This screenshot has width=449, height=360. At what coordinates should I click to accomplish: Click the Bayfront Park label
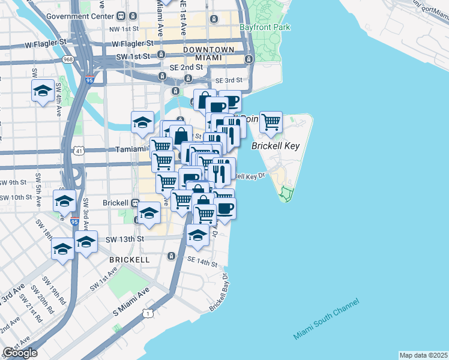click(264, 27)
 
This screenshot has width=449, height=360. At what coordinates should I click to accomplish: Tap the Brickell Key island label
click(275, 146)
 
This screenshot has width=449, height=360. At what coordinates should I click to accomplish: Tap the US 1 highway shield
click(147, 313)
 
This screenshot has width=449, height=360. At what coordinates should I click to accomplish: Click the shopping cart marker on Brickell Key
click(271, 122)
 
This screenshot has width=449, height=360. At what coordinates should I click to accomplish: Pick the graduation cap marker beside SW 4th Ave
click(43, 91)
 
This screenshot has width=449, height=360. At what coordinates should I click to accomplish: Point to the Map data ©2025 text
click(423, 355)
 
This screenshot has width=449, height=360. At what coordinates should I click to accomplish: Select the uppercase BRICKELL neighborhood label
click(129, 260)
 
